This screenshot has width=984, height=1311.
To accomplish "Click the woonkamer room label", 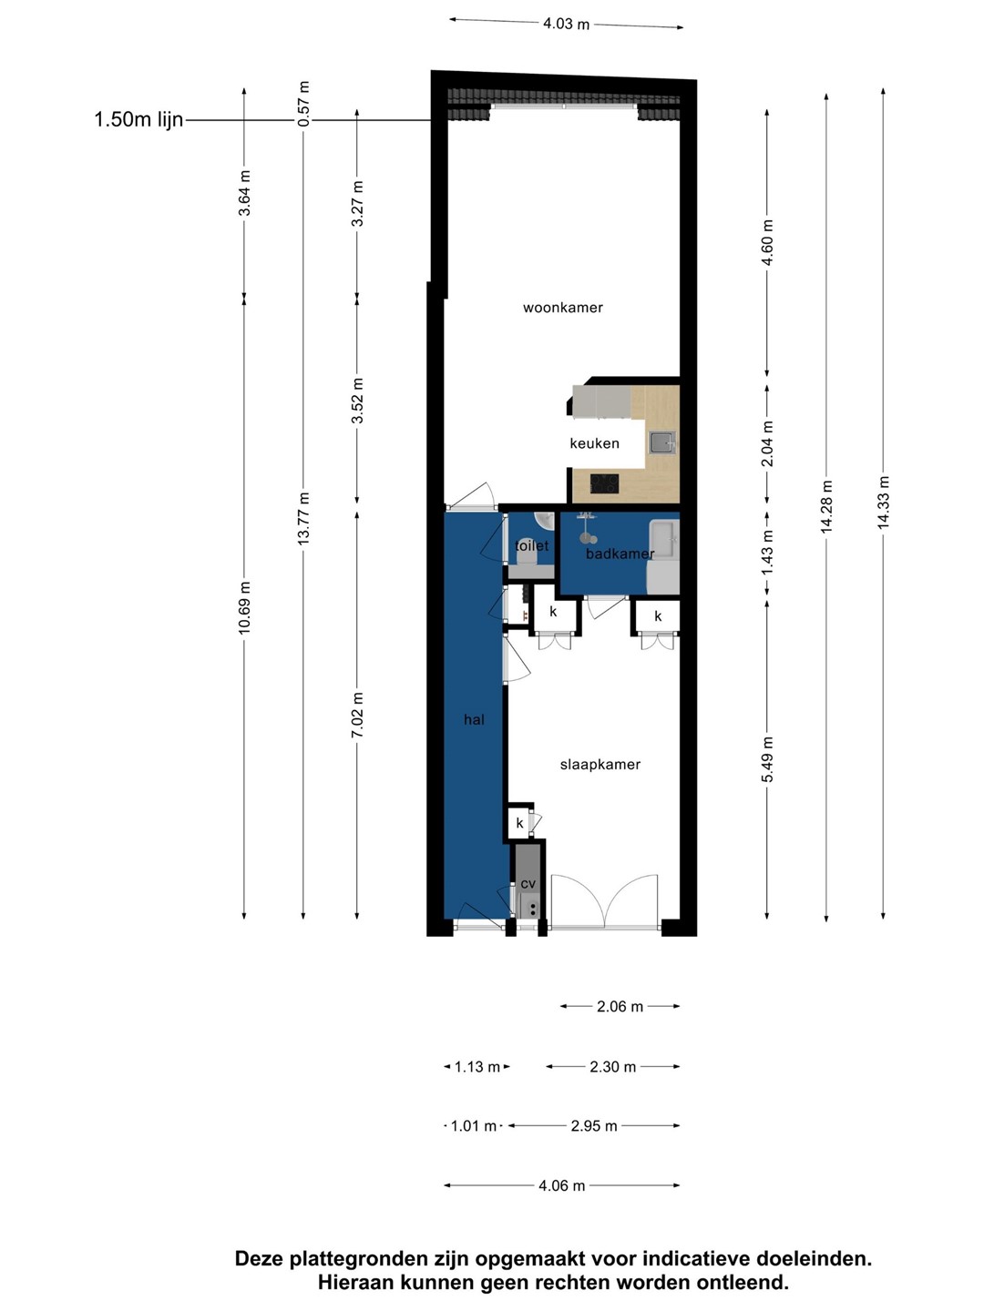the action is [563, 308].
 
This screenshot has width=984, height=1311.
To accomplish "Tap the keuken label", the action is [594, 443].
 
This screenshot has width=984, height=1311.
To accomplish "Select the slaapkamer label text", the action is [600, 765].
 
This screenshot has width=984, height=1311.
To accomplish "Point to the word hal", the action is [474, 720].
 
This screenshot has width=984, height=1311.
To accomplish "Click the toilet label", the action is [531, 545].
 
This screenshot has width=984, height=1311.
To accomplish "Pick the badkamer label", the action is [620, 554].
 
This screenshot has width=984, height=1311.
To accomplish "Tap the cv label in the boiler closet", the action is [528, 883].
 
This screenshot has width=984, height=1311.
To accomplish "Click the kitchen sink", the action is [662, 443].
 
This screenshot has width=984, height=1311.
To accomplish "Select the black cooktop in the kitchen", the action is [605, 483].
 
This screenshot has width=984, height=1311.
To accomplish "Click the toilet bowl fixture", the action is [527, 557].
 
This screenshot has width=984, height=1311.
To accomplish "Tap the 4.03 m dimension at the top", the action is [566, 24].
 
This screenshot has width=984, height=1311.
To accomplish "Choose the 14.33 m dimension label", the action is [883, 502].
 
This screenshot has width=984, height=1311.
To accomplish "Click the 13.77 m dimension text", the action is [303, 517].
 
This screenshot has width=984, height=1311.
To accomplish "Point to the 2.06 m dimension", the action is [620, 1006].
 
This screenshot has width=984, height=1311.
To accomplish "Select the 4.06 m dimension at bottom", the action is [561, 1185].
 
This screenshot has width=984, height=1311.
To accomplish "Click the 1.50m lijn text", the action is [138, 119].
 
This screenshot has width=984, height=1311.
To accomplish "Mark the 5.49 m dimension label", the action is [767, 759].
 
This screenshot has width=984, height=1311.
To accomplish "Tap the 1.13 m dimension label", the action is [477, 1066].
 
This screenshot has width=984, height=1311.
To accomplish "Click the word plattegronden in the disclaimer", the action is [359, 1258].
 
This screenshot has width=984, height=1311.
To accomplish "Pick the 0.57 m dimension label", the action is [303, 103].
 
